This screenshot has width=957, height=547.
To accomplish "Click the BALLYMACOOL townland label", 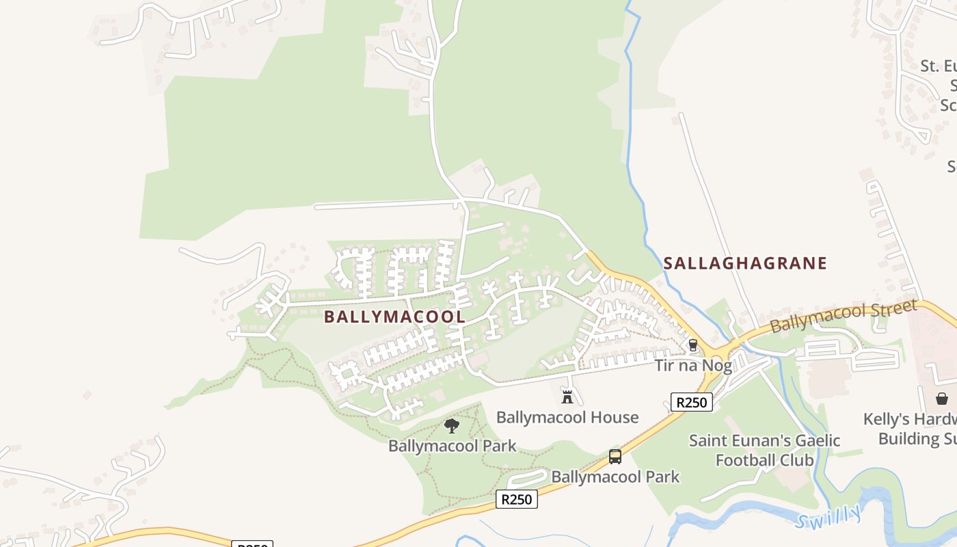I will (x=394, y=317).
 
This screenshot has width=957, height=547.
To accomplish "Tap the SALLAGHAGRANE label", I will (x=745, y=263).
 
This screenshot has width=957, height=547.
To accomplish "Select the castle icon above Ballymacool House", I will (x=567, y=397).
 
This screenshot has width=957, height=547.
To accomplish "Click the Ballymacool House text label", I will (x=567, y=417).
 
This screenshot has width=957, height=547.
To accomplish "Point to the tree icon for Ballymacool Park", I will (x=451, y=427).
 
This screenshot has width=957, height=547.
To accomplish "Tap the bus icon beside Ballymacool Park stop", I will (x=615, y=457).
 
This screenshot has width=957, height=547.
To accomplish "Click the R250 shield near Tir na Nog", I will (x=691, y=402).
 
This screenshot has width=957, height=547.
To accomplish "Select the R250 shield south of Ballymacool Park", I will (x=516, y=499).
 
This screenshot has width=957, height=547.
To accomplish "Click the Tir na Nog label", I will (x=693, y=365).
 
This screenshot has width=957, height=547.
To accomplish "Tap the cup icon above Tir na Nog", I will (x=692, y=345).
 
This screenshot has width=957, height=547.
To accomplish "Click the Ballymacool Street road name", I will (x=843, y=316).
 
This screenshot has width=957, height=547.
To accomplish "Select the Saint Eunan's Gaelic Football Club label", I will (x=764, y=450).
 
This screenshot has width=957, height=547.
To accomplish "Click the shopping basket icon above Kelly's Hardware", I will (x=942, y=398).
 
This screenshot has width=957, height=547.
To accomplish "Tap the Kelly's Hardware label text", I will (x=909, y=428).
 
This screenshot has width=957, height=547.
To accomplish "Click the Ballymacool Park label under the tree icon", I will (x=452, y=446).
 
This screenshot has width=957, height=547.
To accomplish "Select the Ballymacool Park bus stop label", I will (x=615, y=477).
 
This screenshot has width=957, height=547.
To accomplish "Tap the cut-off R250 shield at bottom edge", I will (x=252, y=544).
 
